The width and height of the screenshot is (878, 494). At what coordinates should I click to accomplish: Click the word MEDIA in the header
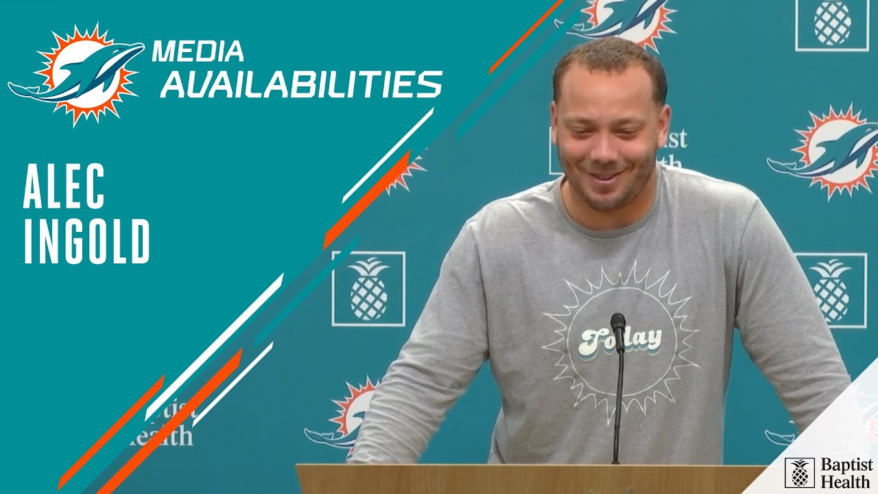pyautogui.click(x=198, y=51)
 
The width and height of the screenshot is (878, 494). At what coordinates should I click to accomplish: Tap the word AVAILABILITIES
pyautogui.click(x=302, y=84)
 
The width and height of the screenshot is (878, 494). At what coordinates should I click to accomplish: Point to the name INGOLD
pyautogui.click(x=86, y=242)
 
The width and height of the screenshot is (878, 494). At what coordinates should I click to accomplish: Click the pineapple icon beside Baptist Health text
pyautogui.click(x=799, y=473)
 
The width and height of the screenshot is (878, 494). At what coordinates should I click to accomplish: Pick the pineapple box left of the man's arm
pyautogui.click(x=368, y=288)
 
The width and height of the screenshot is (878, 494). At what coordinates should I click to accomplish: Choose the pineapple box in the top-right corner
pyautogui.click(x=831, y=23)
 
